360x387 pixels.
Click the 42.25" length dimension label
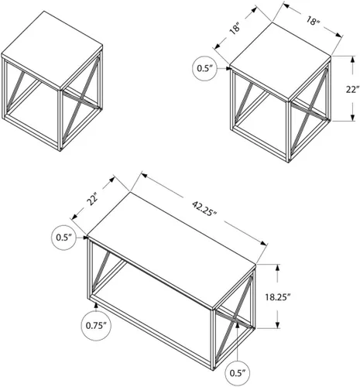(x=204, y=208)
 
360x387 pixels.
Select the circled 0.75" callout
(x=96, y=326)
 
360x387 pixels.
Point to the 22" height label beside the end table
(x=352, y=89)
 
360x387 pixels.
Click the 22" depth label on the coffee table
(x=93, y=199)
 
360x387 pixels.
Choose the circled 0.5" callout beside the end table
(x=204, y=68)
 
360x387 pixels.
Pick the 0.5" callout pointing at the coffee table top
(x=63, y=238)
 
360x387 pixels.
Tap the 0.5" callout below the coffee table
(x=237, y=373)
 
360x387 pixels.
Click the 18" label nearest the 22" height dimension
(x=313, y=21)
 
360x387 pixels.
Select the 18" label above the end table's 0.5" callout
(x=235, y=29)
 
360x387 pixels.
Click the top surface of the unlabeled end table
(x=52, y=50)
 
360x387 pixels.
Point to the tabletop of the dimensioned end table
(x=280, y=61)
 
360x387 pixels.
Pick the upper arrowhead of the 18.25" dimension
(x=278, y=267)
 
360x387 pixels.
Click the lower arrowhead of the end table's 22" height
(x=352, y=118)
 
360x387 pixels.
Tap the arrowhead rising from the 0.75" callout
(x=96, y=305)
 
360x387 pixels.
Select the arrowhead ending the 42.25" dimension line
(x=263, y=243)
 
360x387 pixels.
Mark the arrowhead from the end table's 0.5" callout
(x=228, y=68)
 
